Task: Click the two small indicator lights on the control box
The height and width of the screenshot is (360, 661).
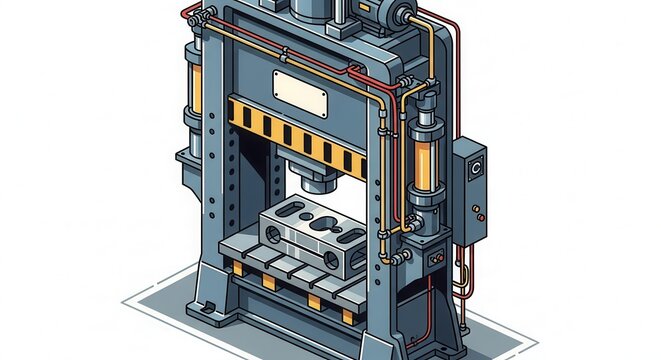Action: tap(479, 213)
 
